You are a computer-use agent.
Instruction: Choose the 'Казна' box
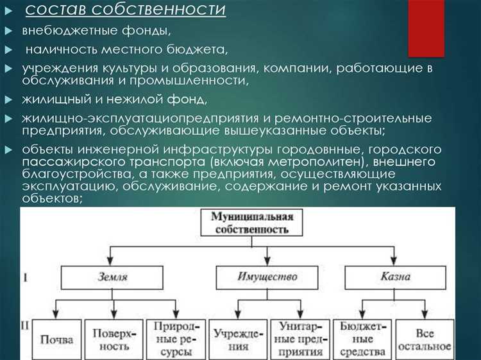point(394,277)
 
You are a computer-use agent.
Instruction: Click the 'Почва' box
point(56,339)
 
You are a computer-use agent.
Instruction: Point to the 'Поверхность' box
point(114,339)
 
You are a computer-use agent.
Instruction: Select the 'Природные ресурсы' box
point(170,339)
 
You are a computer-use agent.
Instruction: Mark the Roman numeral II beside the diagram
point(25,326)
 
